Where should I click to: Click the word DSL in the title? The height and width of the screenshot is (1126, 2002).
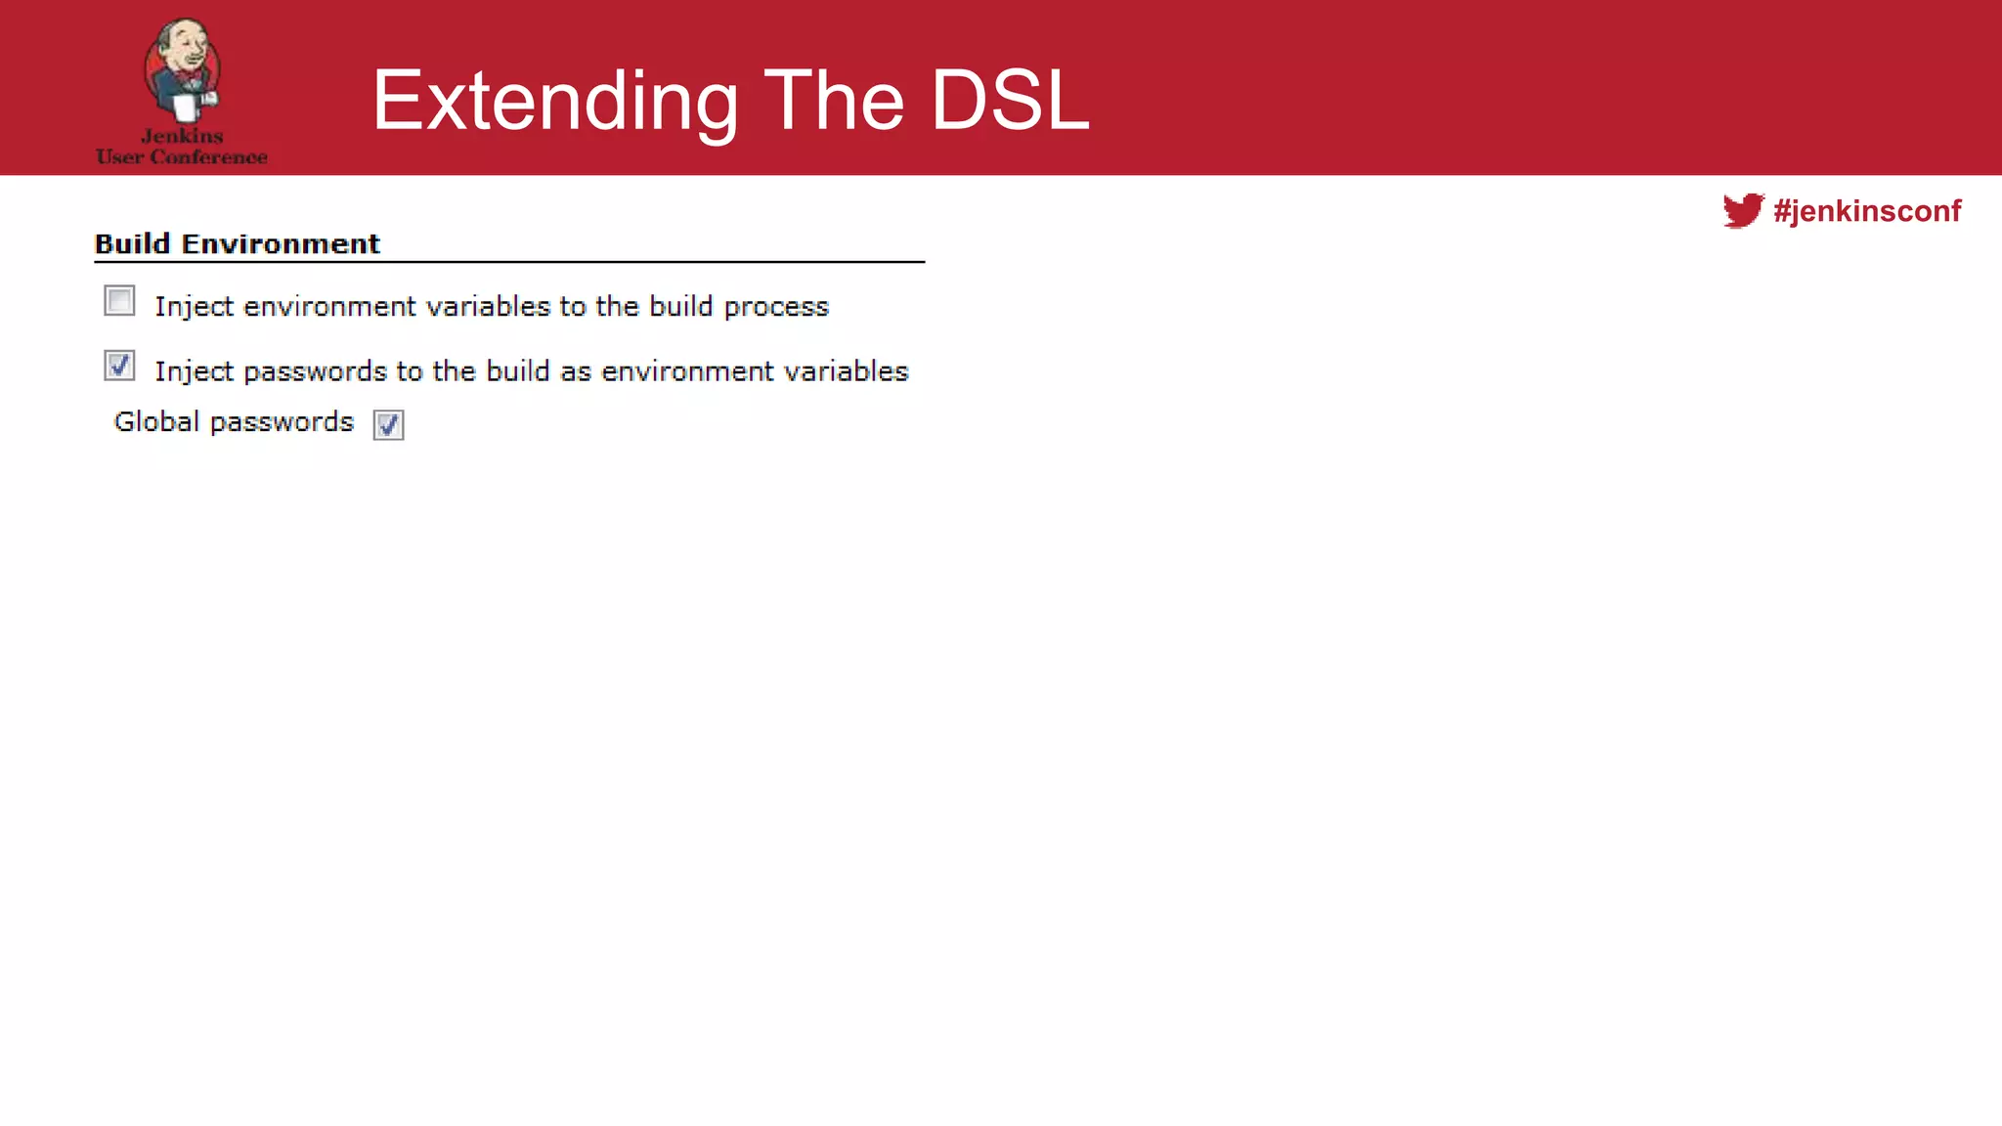pyautogui.click(x=1009, y=101)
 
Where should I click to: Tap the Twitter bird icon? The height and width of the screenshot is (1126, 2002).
pyautogui.click(x=1743, y=210)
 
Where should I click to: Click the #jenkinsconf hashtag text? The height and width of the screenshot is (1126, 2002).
pyautogui.click(x=1867, y=211)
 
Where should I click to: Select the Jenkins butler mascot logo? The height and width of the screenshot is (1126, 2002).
pyautogui.click(x=182, y=70)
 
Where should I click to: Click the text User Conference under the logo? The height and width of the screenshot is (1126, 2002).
pyautogui.click(x=182, y=157)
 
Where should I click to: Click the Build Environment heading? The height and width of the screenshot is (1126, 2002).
pyautogui.click(x=238, y=243)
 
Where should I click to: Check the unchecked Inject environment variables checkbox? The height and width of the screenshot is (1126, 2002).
pyautogui.click(x=119, y=301)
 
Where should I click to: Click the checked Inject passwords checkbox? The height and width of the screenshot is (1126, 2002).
pyautogui.click(x=119, y=366)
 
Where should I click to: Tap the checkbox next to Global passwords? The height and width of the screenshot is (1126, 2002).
pyautogui.click(x=388, y=424)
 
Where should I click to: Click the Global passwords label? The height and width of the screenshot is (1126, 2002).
pyautogui.click(x=234, y=421)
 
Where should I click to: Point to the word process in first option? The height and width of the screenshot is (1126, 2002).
pyautogui.click(x=776, y=308)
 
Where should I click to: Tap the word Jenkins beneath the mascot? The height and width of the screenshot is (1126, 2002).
pyautogui.click(x=182, y=136)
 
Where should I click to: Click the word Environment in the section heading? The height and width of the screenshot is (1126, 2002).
pyautogui.click(x=281, y=243)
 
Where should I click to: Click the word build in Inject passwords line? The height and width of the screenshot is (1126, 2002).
pyautogui.click(x=518, y=371)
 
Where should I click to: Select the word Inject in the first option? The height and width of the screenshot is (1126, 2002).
pyautogui.click(x=194, y=307)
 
